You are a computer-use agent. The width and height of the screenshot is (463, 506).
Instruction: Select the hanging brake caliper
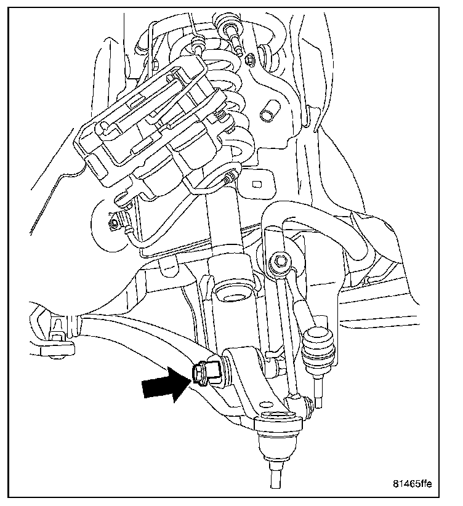(154, 135)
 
